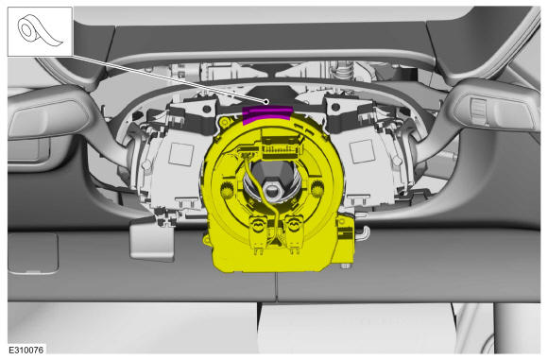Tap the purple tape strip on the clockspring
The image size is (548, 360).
click(x=267, y=114)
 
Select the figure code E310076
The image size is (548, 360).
click(x=26, y=350)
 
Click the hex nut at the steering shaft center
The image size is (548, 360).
click(x=271, y=191)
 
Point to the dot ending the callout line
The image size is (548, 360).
click(x=266, y=102)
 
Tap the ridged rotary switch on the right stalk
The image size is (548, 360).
click(x=479, y=111)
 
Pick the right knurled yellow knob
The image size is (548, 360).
click(x=317, y=189)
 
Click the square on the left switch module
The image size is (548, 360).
click(x=181, y=154)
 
